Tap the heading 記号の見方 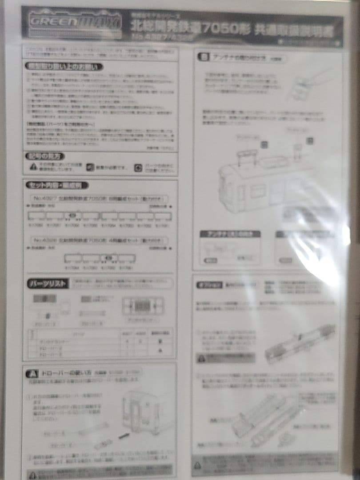pyautogui.click(x=45, y=156)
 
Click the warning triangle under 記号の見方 pyautogui.click(x=34, y=167)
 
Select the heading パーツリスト pyautogui.click(x=48, y=284)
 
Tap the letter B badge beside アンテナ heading pyautogui.click(x=204, y=57)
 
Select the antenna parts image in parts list pyautogui.click(x=142, y=305)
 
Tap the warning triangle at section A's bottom pyautogui.click(x=32, y=474)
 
